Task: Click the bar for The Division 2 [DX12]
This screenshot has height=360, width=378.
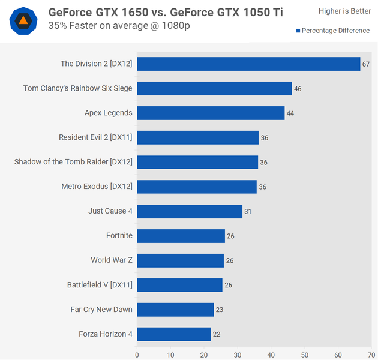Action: (x=248, y=64)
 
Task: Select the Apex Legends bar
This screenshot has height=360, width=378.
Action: (x=211, y=113)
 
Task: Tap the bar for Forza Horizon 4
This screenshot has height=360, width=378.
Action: (x=173, y=334)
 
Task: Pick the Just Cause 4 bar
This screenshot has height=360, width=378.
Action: (x=190, y=211)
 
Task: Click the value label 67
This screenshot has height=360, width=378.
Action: (x=365, y=64)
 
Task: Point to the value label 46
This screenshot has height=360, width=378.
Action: (x=297, y=89)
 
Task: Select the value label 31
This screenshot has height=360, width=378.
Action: (x=248, y=212)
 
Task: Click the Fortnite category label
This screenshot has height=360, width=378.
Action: (x=119, y=236)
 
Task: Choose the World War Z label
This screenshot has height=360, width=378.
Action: (x=112, y=260)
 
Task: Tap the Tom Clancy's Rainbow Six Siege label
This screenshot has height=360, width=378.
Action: (x=77, y=88)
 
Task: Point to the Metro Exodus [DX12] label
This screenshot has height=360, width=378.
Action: (x=97, y=187)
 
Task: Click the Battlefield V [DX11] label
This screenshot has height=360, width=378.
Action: (x=100, y=285)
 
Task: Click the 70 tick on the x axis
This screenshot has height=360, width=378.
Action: (x=371, y=354)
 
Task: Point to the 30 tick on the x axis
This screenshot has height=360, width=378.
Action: (x=238, y=354)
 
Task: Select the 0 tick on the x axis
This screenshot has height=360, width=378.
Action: (x=137, y=354)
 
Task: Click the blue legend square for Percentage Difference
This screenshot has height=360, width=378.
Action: (x=298, y=31)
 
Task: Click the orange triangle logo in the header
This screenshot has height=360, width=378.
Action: (x=23, y=21)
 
